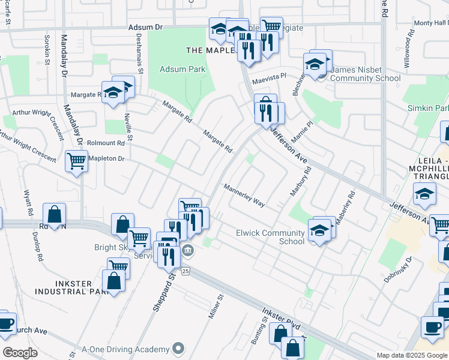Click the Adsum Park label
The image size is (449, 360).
point(182,69)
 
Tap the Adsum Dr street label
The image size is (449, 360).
point(146,28)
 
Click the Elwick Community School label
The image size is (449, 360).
point(270,237)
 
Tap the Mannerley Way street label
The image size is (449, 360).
point(244,196)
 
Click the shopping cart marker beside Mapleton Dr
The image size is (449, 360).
point(77,161)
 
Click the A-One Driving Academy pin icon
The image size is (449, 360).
point(178,348)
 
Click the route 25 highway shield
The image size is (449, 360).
point(186,271)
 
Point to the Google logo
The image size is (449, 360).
point(20,353)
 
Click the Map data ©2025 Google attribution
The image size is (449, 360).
point(412,355)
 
